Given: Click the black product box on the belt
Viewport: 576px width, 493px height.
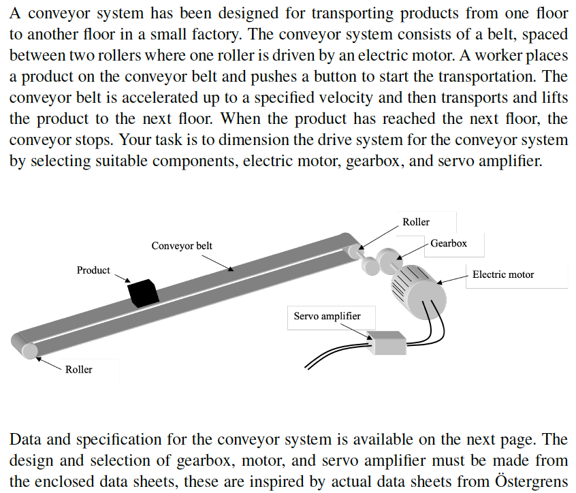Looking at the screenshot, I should (x=143, y=292).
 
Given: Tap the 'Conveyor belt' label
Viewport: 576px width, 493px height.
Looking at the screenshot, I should (x=182, y=245).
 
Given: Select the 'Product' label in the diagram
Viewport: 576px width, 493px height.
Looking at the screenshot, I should (x=93, y=270).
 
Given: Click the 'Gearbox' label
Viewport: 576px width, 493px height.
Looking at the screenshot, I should (x=449, y=243).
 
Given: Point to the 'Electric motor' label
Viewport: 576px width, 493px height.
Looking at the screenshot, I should (x=503, y=274).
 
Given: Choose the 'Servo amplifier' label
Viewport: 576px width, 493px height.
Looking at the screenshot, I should (x=327, y=316).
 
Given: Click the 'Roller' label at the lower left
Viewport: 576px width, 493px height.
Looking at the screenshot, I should (x=79, y=369).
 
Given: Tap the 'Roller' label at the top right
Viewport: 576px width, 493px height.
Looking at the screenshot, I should (x=416, y=222).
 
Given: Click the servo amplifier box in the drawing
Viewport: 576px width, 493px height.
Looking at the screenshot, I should (x=386, y=343).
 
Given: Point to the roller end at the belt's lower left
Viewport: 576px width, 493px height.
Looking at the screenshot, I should (x=29, y=349).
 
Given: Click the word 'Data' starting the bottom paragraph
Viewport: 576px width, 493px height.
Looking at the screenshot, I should (x=27, y=440).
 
